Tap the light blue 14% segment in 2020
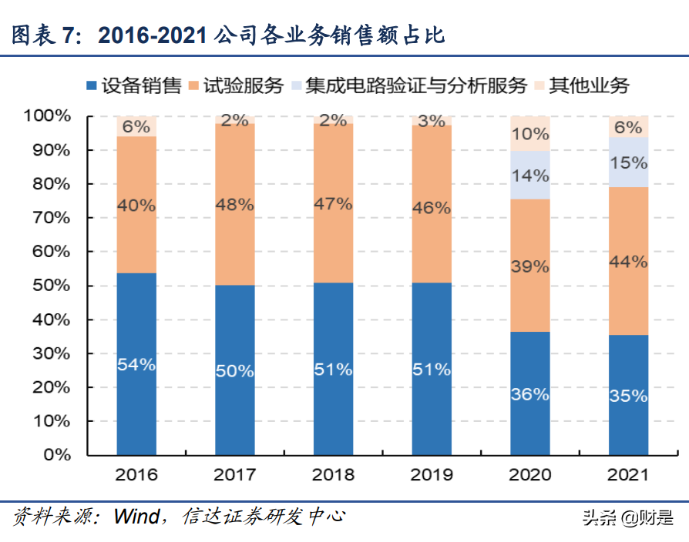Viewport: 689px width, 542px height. coord(530,175)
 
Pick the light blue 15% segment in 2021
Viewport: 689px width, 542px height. coord(628,162)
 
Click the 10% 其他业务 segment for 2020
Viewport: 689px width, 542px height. coord(530,133)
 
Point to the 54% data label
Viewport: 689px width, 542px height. coord(136,365)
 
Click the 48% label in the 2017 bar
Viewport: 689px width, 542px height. coord(234,206)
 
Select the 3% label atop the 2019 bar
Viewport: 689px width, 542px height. coord(432,121)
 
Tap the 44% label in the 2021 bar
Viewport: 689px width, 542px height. coord(628,262)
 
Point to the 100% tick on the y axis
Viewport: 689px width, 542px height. coord(48,116)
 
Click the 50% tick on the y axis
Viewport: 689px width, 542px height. coord(52,286)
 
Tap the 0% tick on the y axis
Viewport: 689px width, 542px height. coord(56,455)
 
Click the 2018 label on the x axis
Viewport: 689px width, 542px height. coord(333,474)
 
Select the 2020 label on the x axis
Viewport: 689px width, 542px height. coord(530,474)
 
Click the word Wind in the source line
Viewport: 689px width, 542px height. coord(137,516)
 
